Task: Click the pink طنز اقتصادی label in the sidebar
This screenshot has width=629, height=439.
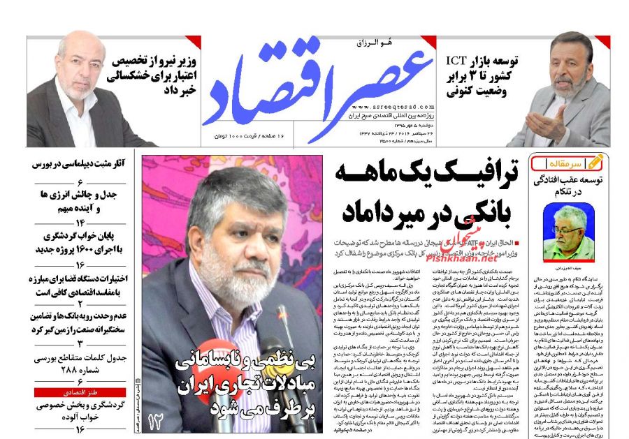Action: tap(80, 392)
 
